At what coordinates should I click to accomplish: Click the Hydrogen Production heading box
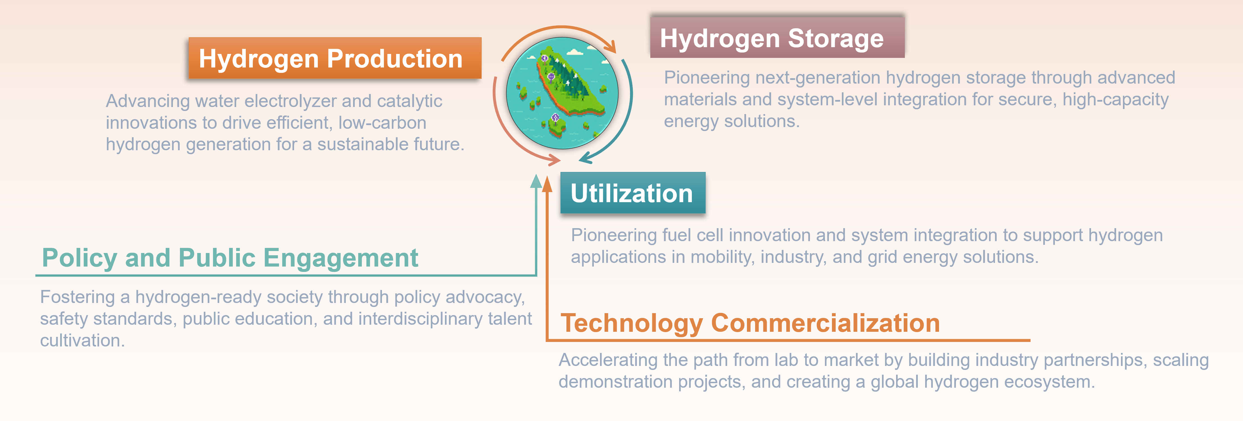click(x=335, y=58)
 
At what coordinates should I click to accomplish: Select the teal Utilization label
click(x=633, y=193)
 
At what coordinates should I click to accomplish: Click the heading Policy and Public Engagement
click(x=230, y=258)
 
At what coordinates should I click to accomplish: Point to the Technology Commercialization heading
click(x=750, y=323)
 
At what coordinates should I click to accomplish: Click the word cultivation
click(x=82, y=341)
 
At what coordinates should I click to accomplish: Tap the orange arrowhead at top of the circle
click(x=611, y=46)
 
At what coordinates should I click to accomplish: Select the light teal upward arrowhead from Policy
click(x=536, y=181)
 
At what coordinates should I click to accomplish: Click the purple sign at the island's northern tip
click(x=545, y=58)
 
